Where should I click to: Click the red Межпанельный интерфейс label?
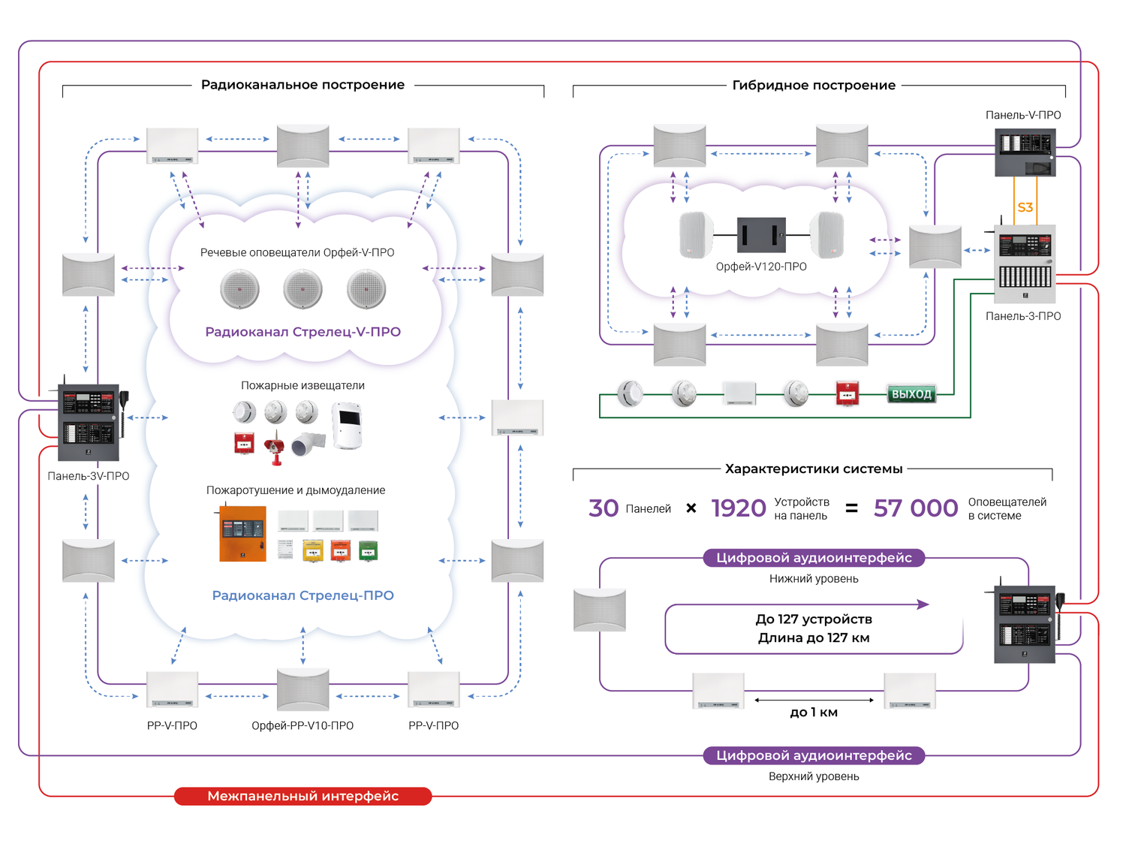point(303,796)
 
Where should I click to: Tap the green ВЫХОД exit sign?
point(911,394)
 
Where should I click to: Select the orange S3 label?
point(1025,207)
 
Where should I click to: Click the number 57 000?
point(916,508)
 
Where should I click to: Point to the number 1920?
point(739,508)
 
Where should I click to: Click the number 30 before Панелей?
point(604,508)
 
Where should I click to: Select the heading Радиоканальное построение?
point(303,85)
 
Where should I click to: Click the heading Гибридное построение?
point(814,86)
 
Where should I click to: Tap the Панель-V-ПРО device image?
point(1025,152)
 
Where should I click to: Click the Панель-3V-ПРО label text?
point(89,476)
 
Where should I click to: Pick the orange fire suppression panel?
point(242,534)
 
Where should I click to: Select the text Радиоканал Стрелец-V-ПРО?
point(303,332)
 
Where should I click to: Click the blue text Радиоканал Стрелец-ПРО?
point(303,595)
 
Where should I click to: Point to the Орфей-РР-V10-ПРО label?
point(303,725)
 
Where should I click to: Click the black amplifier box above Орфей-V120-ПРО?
point(761,235)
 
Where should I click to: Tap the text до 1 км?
point(814,713)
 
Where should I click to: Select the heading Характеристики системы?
point(814,469)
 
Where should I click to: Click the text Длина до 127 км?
point(814,638)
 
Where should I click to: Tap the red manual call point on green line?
point(848,393)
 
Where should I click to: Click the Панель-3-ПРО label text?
point(1023,316)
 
